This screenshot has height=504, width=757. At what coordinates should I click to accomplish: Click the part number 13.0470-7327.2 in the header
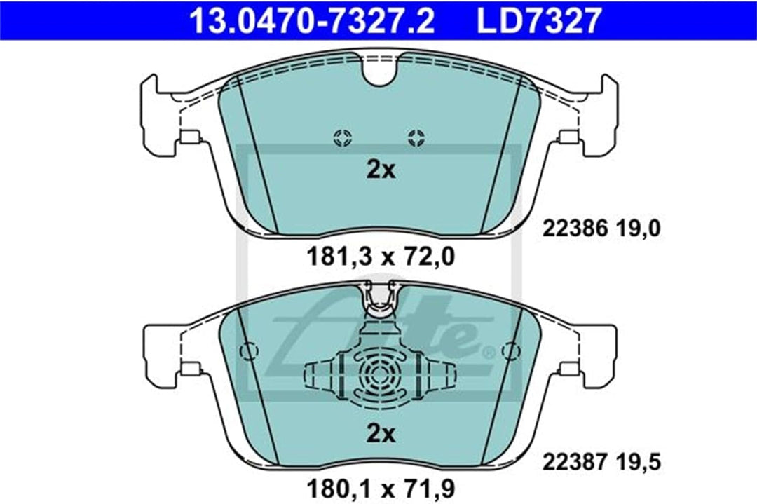click(x=313, y=21)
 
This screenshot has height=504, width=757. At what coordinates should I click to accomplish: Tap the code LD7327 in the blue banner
click(x=539, y=21)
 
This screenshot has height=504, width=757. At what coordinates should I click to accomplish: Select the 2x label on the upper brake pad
click(x=381, y=170)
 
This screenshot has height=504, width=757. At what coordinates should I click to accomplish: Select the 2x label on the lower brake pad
click(x=381, y=434)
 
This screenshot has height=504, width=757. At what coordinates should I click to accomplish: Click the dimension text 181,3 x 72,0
click(x=381, y=257)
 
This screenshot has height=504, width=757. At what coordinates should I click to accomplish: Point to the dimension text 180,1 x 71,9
click(x=381, y=489)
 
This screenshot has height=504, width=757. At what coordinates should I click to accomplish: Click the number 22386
click(x=574, y=229)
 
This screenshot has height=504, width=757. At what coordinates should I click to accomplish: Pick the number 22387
click(x=574, y=463)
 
